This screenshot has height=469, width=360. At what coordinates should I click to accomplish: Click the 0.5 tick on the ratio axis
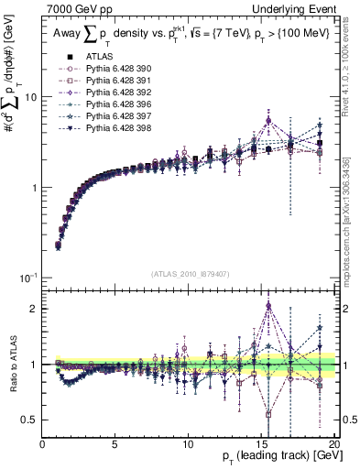click(x=31, y=420)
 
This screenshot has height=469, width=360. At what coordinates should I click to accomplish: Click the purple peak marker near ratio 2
click(x=268, y=306)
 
